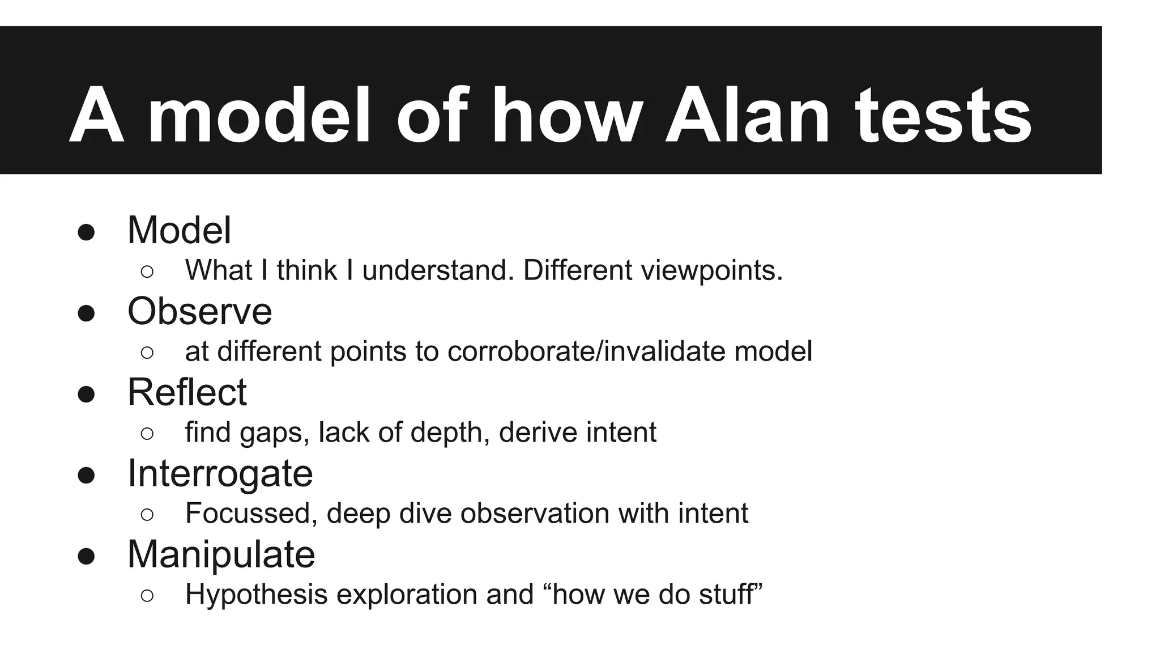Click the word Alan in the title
[747, 116]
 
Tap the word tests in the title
[943, 116]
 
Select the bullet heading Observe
[199, 311]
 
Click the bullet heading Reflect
[187, 392]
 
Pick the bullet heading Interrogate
[220, 473]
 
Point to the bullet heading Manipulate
[221, 554]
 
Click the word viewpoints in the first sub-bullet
[711, 270]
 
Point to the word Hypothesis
[256, 595]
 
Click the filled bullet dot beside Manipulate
[86, 556]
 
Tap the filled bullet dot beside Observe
[86, 313]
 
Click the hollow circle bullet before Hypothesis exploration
[147, 596]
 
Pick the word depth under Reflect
[450, 433]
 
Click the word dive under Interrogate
[426, 514]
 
